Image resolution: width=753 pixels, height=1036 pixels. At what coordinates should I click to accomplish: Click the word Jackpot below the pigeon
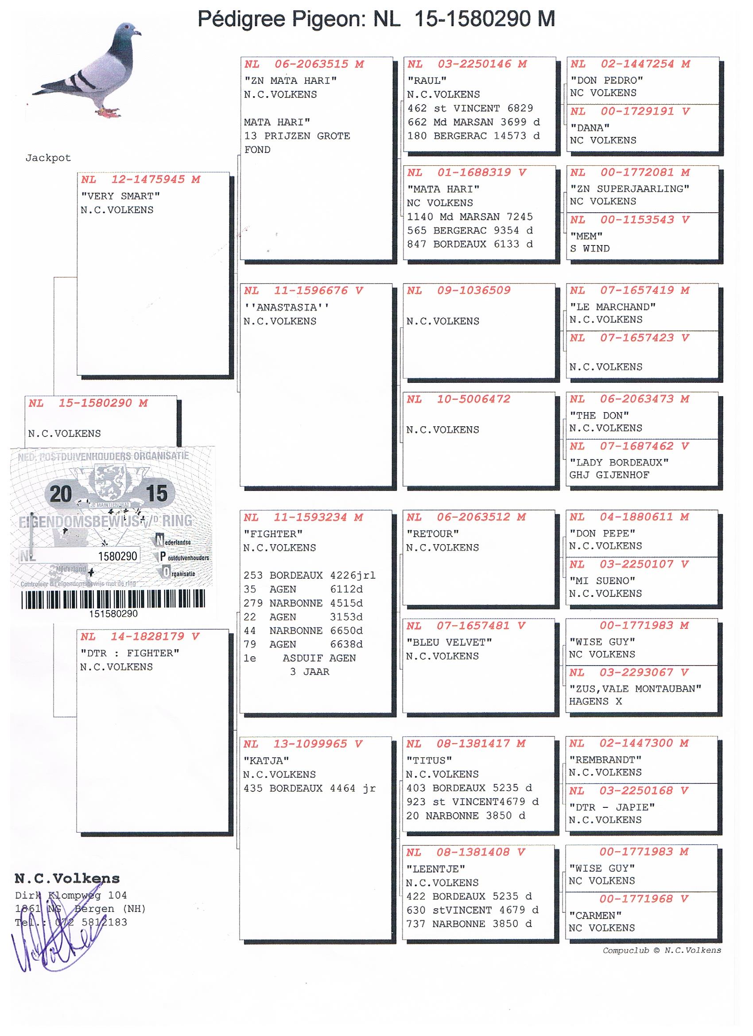(48, 158)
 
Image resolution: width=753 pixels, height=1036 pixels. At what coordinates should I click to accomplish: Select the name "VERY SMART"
(120, 196)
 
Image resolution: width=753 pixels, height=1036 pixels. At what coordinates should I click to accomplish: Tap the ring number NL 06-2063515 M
(304, 64)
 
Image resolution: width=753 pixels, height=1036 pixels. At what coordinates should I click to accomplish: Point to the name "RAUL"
(427, 81)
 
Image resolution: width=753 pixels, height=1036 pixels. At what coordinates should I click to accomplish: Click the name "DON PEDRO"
(606, 80)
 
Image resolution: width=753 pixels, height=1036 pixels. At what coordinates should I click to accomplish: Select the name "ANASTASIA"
(286, 308)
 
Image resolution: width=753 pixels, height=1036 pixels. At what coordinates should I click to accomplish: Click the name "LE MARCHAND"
(612, 307)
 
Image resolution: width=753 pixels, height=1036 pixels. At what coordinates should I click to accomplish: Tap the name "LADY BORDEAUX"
(619, 462)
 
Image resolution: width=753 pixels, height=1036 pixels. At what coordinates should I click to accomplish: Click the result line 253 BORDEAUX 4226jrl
(309, 576)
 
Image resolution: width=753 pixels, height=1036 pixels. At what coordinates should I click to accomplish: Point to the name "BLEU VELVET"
(449, 642)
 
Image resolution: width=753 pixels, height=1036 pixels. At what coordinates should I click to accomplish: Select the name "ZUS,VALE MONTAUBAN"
(635, 689)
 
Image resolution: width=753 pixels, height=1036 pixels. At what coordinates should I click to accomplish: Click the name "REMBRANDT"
(605, 759)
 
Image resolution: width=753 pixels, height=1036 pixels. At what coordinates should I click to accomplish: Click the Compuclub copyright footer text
(662, 950)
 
